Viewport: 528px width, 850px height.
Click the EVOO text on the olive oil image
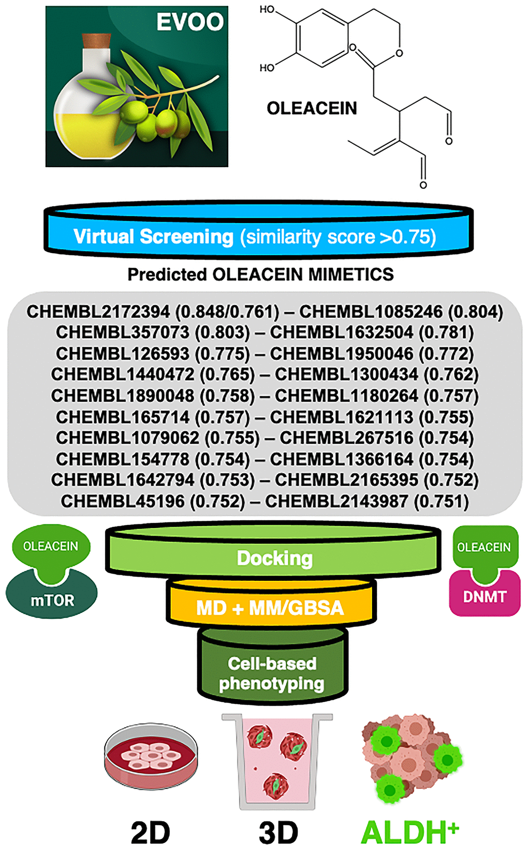190,22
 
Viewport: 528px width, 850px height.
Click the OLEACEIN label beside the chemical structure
312,108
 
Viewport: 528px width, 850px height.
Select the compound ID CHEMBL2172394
98,312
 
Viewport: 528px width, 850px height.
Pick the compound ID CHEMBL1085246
371,312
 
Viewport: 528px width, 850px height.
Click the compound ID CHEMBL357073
123,332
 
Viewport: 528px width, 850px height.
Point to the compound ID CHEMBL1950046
342,354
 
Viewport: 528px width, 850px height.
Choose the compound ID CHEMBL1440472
123,374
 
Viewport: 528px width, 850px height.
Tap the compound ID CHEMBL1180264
346,395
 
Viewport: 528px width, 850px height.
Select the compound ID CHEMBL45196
123,501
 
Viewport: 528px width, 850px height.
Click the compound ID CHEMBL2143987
336,501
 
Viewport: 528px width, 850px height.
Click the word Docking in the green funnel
274,559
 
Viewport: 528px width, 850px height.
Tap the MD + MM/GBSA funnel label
270,608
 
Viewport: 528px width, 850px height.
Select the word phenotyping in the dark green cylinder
271,684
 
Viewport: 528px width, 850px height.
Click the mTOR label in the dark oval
52,600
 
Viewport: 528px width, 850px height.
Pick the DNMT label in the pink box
484,597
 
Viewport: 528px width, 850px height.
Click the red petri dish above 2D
151,758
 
